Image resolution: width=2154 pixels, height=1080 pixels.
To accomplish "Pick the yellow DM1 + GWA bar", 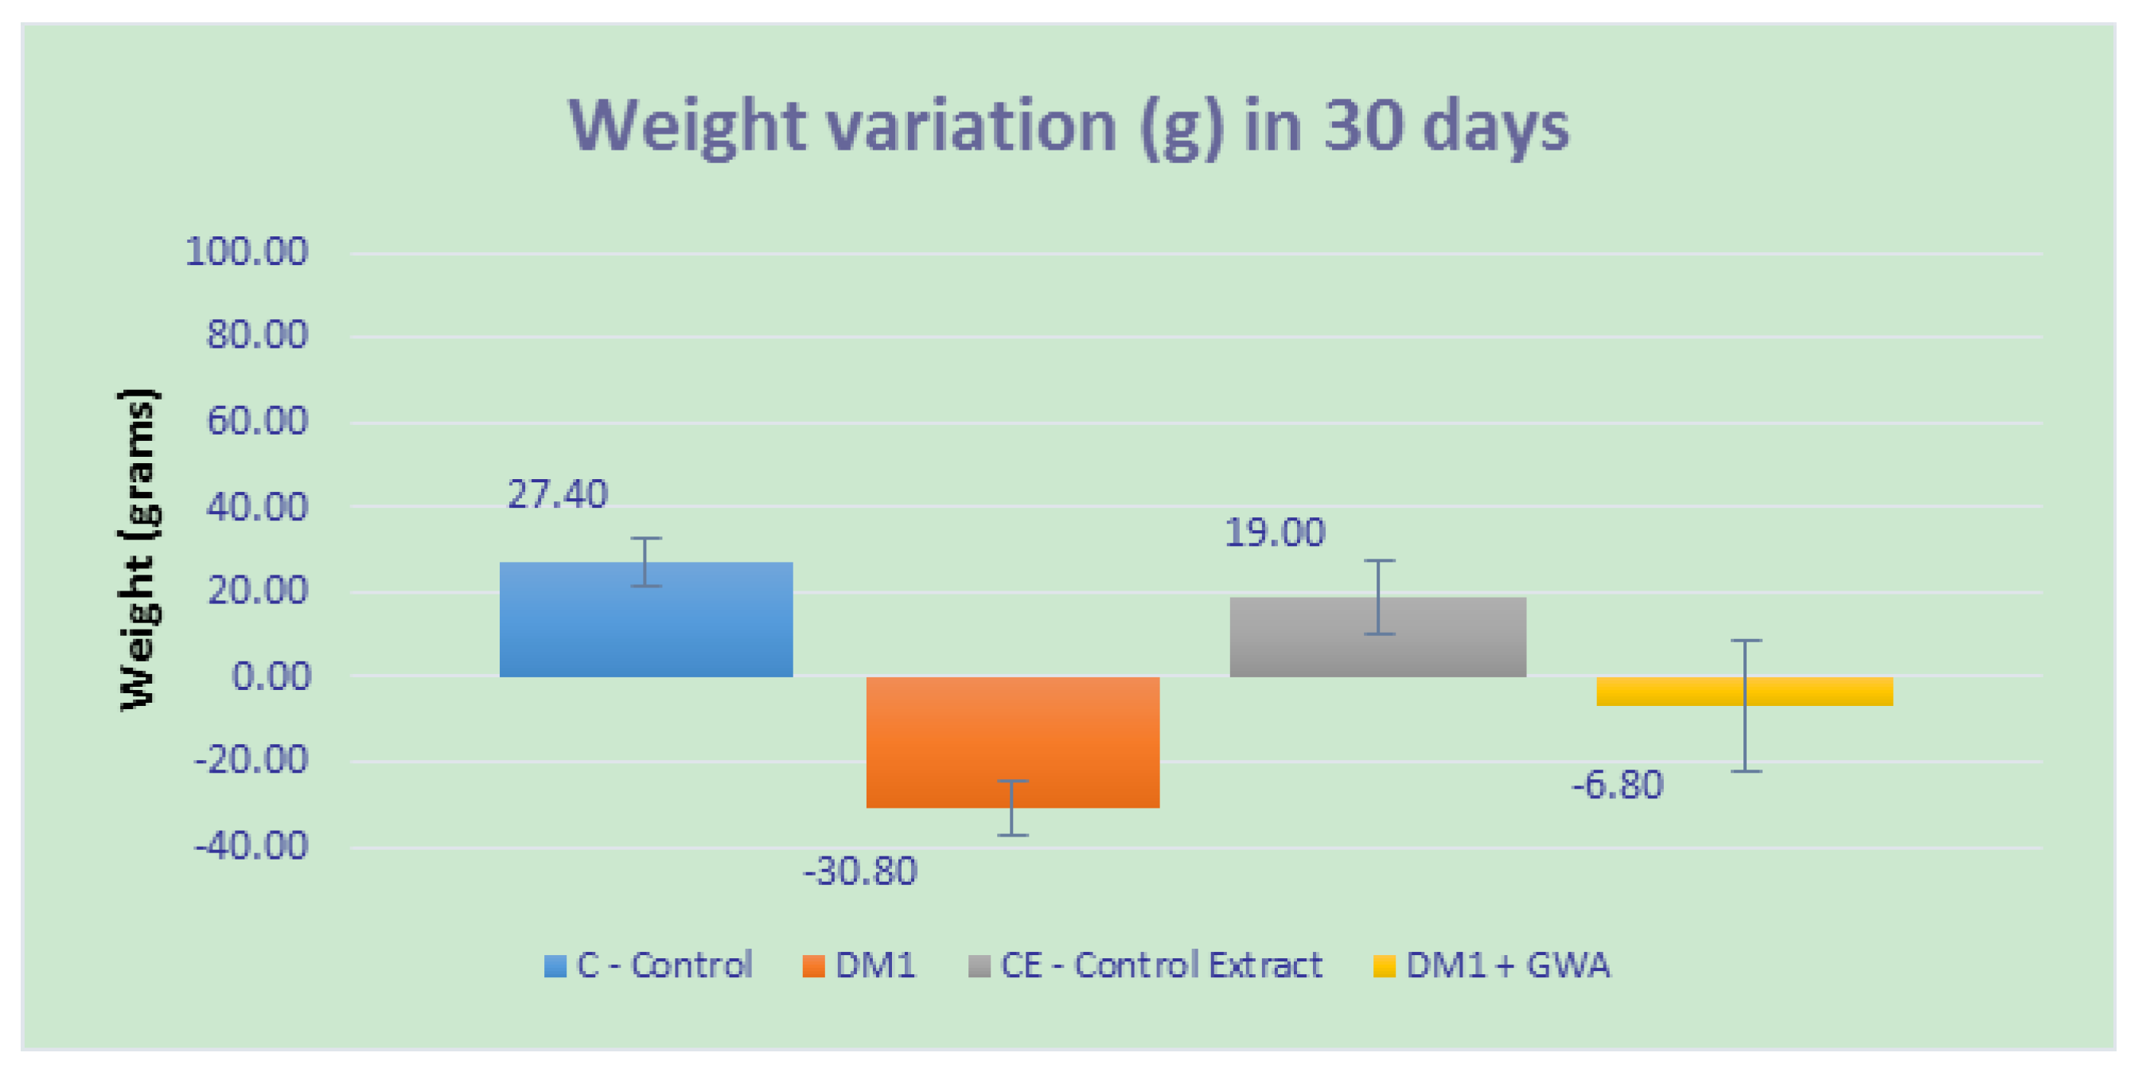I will [1744, 691].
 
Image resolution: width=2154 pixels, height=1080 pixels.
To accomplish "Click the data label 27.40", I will [557, 494].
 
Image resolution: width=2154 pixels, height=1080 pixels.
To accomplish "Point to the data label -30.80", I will [859, 871].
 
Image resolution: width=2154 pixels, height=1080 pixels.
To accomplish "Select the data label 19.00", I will [1275, 533].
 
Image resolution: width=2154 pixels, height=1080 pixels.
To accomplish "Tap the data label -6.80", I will [1617, 786].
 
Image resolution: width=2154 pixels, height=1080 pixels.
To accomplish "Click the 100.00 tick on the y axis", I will [247, 251].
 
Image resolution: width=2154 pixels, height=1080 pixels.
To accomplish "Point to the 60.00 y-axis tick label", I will [257, 420].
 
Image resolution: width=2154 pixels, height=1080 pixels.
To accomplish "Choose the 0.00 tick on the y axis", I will [270, 676].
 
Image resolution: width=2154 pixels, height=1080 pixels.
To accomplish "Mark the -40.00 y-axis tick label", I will [251, 846].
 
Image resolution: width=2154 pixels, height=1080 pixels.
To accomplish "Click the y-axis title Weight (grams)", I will [138, 549].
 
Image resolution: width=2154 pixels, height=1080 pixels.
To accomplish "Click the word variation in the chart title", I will [972, 126].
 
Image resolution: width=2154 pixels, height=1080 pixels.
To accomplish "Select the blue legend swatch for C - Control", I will [555, 966].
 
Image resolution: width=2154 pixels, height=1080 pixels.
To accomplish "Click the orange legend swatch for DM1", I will [812, 966].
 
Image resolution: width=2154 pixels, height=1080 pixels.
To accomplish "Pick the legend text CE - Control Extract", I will [1161, 965].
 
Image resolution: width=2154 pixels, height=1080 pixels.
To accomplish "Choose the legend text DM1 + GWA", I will [1507, 965].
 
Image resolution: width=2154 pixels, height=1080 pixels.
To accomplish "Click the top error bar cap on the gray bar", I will [1379, 560].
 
